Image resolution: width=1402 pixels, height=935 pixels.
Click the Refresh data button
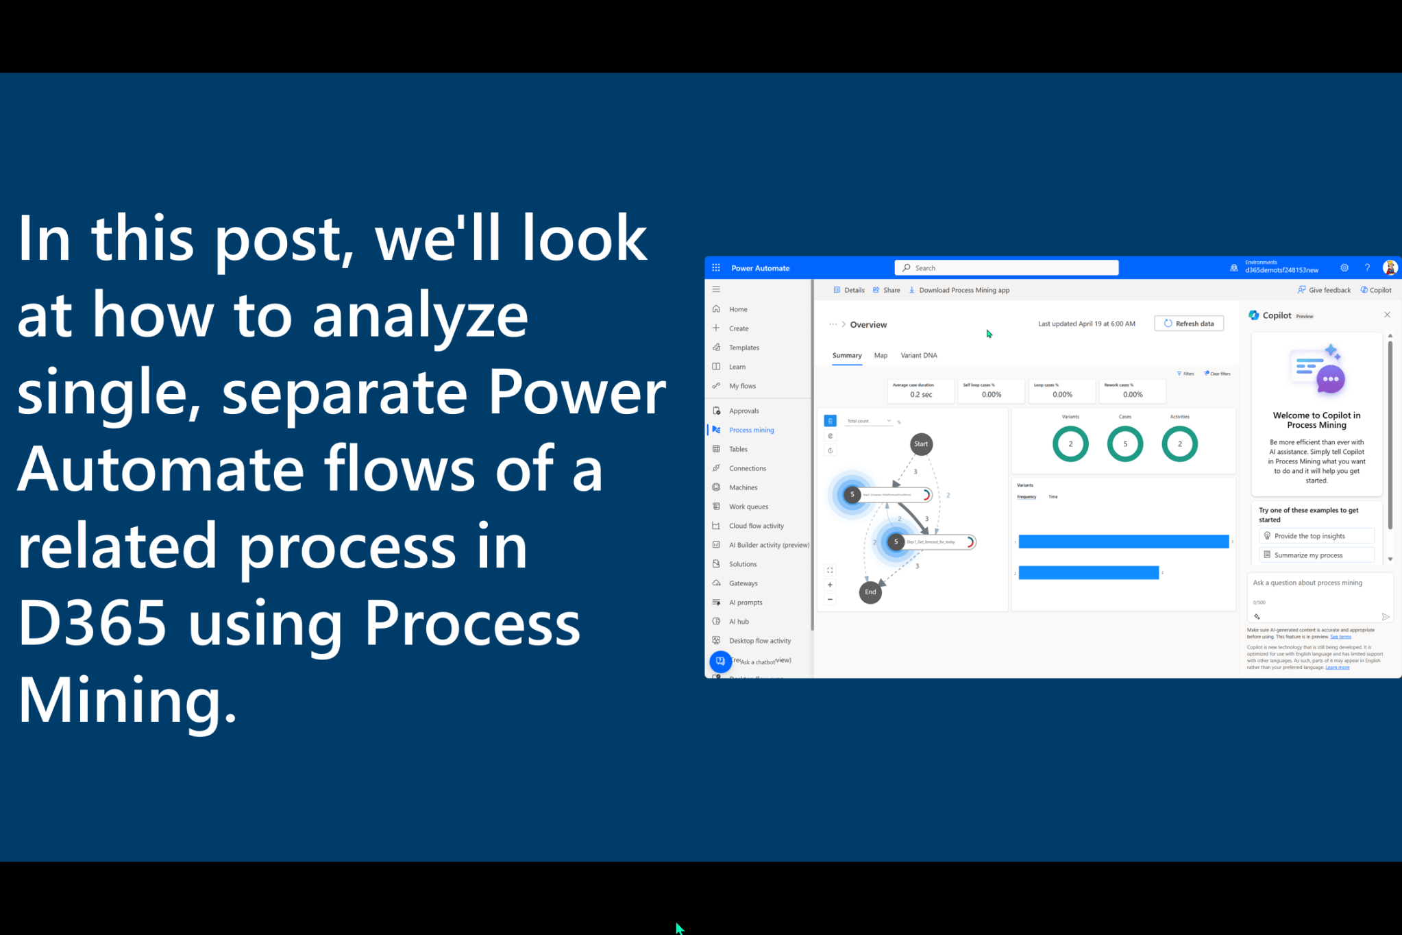pyautogui.click(x=1189, y=324)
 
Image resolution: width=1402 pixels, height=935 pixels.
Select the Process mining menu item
pyautogui.click(x=751, y=430)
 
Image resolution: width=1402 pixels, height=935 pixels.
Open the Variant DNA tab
pyautogui.click(x=918, y=355)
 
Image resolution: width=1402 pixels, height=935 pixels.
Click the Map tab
pyautogui.click(x=881, y=355)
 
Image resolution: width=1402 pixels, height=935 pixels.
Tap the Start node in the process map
pyautogui.click(x=921, y=444)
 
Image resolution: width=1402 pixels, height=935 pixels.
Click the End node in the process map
pyautogui.click(x=870, y=592)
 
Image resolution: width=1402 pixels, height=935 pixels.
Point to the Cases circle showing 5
pyautogui.click(x=1124, y=444)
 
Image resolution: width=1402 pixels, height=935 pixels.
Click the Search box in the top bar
pyautogui.click(x=1006, y=268)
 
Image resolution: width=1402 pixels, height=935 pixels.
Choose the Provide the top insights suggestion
pyautogui.click(x=1316, y=536)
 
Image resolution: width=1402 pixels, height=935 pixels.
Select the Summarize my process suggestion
pyautogui.click(x=1316, y=555)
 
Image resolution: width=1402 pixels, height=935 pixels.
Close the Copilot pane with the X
pyautogui.click(x=1387, y=315)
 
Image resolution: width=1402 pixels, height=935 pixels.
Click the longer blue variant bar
pyautogui.click(x=1123, y=542)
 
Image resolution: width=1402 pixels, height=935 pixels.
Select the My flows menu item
pyautogui.click(x=742, y=386)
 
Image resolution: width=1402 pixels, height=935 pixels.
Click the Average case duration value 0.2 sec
pyautogui.click(x=920, y=394)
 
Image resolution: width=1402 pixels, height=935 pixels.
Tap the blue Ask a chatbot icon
pyautogui.click(x=720, y=661)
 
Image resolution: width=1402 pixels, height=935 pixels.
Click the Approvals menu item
pyautogui.click(x=743, y=411)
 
